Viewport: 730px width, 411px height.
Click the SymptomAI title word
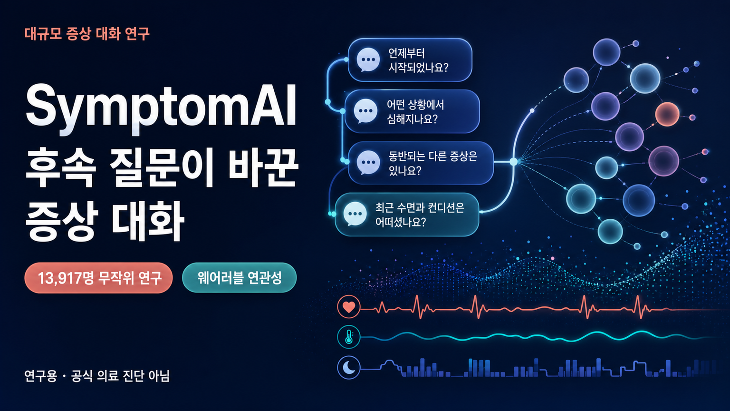(x=161, y=108)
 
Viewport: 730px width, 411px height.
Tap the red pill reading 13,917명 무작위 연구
(x=98, y=278)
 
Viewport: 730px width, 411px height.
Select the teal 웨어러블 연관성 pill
(x=239, y=278)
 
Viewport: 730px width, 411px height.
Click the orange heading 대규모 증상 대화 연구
(x=86, y=34)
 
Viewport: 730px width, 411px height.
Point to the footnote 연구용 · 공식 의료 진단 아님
(x=97, y=376)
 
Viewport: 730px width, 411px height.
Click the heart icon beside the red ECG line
(x=349, y=307)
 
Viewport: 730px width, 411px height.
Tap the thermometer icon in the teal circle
(x=349, y=337)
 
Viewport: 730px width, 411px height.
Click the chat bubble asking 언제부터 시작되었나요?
(x=410, y=60)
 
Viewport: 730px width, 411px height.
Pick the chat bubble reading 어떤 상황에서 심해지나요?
(x=412, y=112)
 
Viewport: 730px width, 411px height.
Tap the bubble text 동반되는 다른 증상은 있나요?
(x=433, y=163)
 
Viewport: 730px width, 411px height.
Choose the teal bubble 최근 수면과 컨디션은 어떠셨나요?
(x=407, y=215)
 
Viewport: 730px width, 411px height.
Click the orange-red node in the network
(x=667, y=114)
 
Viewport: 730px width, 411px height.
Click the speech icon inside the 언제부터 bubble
(x=368, y=59)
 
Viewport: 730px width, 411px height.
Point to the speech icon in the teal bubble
(x=355, y=214)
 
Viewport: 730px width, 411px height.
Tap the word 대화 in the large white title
(x=148, y=221)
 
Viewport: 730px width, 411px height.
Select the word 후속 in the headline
(x=61, y=167)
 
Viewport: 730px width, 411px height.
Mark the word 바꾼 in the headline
(x=263, y=167)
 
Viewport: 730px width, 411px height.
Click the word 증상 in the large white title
(x=61, y=221)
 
